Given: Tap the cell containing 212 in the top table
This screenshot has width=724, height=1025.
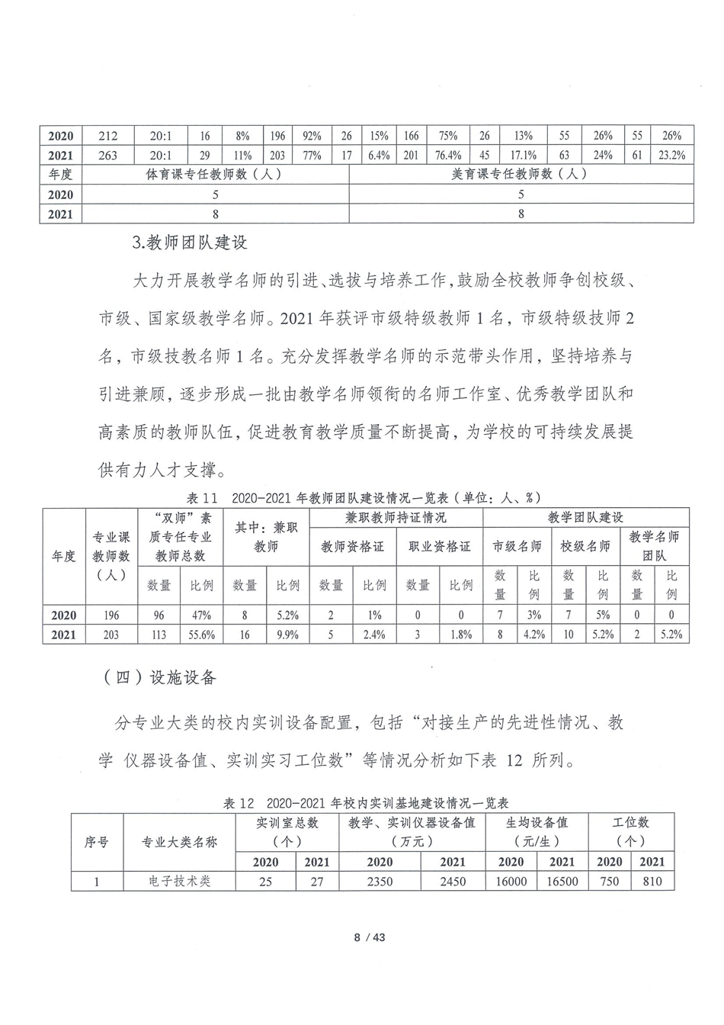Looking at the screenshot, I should [108, 136].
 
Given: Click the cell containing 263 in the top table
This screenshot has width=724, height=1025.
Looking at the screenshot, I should [108, 155].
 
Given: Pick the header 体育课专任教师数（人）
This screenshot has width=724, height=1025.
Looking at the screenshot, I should [215, 174].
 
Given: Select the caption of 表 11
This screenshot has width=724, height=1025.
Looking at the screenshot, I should [364, 497].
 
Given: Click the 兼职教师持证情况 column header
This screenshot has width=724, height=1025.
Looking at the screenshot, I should [396, 518].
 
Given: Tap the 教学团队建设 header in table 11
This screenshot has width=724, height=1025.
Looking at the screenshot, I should [585, 518].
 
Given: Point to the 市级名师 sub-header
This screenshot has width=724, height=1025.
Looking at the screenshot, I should [517, 546].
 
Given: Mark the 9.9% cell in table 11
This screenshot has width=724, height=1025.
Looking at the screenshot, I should [287, 635].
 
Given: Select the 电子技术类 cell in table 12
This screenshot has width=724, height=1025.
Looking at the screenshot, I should [180, 882].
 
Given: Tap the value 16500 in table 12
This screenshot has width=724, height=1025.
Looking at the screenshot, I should [562, 882].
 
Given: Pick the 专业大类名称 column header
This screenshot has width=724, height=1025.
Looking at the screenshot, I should [180, 843].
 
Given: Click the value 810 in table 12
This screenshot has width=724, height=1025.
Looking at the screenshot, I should [652, 882].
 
